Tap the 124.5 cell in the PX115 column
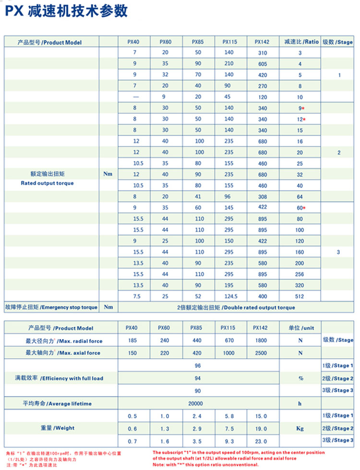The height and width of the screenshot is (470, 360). click(x=228, y=296)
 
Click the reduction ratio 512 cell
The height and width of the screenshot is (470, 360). click(x=300, y=296)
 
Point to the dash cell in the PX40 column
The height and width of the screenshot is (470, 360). click(x=135, y=97)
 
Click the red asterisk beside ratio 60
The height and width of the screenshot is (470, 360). click(x=304, y=208)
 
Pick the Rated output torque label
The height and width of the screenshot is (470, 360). click(x=47, y=183)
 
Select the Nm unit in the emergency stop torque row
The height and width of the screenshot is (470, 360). click(x=108, y=307)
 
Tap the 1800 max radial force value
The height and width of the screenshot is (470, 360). click(x=262, y=341)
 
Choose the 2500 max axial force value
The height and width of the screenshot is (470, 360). click(x=262, y=353)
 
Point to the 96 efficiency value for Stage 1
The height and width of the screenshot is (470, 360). click(x=198, y=365)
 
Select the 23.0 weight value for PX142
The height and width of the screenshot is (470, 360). click(x=262, y=440)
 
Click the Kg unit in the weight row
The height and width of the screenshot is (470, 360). click(x=300, y=427)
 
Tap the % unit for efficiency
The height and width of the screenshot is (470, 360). click(x=300, y=378)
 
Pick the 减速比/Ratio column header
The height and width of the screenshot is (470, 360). click(x=301, y=42)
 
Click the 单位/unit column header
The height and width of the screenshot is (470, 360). click(x=301, y=329)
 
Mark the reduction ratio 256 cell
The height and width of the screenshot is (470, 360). click(x=300, y=274)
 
